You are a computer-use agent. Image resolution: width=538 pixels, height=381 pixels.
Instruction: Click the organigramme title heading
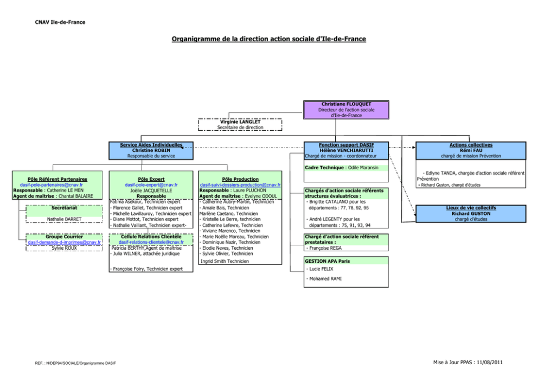[x=268, y=39]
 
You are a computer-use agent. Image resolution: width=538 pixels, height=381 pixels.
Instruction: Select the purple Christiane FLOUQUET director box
[x=347, y=109]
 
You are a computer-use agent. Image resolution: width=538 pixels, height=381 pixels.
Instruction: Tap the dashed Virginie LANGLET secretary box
[x=240, y=125]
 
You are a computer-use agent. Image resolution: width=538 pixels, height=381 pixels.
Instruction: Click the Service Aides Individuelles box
[x=151, y=150]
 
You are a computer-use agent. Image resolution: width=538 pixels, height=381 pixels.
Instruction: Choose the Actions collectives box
[x=471, y=150]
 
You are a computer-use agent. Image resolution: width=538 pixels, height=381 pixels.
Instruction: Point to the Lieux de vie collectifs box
[x=471, y=213]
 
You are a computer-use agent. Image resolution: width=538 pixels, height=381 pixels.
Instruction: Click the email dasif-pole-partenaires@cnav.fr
[x=51, y=185]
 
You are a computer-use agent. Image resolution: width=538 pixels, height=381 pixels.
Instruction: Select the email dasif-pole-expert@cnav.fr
[x=151, y=185]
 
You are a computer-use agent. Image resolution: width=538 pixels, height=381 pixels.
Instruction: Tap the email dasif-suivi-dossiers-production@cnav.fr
[x=240, y=185]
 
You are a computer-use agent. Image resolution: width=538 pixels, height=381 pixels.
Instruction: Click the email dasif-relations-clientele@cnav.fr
[x=151, y=243]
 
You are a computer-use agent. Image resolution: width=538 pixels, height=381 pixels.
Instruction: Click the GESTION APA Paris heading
[x=327, y=261]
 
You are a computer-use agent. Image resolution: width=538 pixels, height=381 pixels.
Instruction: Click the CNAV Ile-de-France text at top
[x=60, y=22]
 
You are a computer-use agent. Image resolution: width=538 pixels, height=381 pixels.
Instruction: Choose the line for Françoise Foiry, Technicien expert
[x=146, y=268]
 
